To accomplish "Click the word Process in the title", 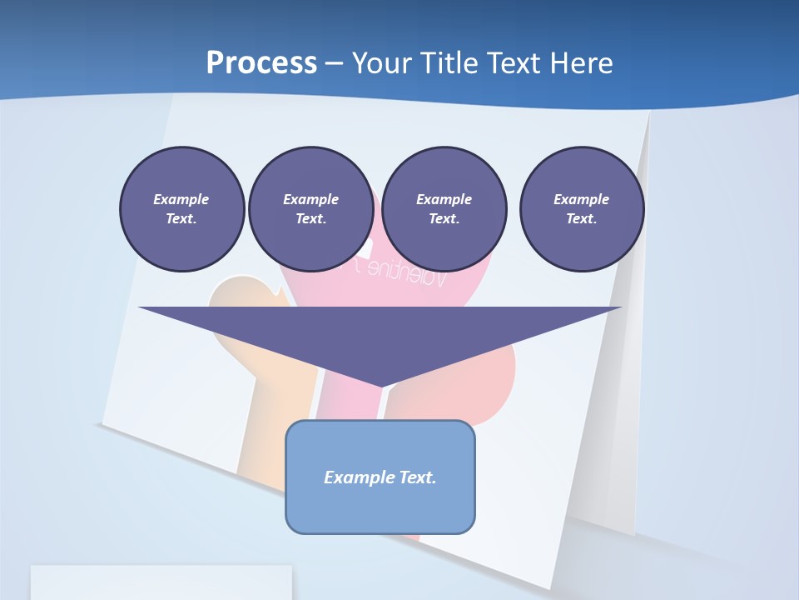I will coord(261,63).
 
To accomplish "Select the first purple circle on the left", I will coord(181,208).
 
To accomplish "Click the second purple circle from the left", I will coord(310,208).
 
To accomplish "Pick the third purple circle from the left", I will coord(444,208).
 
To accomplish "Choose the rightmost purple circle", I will coord(581,208).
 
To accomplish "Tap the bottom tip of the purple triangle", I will coord(380,385).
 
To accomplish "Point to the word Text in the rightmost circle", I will coord(581,219).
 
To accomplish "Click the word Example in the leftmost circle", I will coord(181,199).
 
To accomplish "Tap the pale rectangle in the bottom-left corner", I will coord(161,582).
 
